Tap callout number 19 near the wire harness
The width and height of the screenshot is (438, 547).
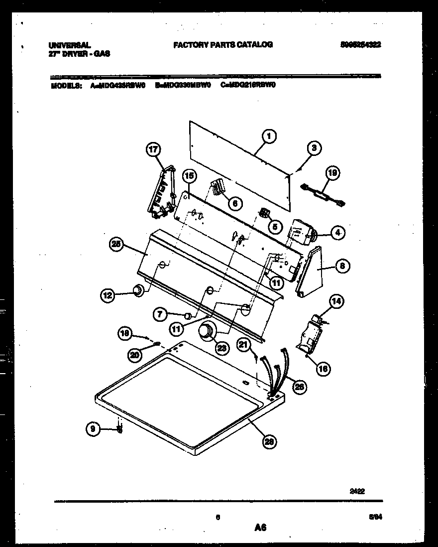332,173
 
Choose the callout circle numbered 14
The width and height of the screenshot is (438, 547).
337,301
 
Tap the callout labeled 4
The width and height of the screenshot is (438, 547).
337,232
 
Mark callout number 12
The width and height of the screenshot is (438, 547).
108,295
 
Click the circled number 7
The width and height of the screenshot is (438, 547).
160,314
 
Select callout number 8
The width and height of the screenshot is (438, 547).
341,266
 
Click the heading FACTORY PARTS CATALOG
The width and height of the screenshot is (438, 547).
222,44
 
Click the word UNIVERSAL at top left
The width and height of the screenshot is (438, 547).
70,45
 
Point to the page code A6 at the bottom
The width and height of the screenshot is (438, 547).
259,528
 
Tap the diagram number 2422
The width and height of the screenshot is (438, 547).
357,491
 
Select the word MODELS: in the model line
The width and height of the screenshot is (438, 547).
67,85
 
